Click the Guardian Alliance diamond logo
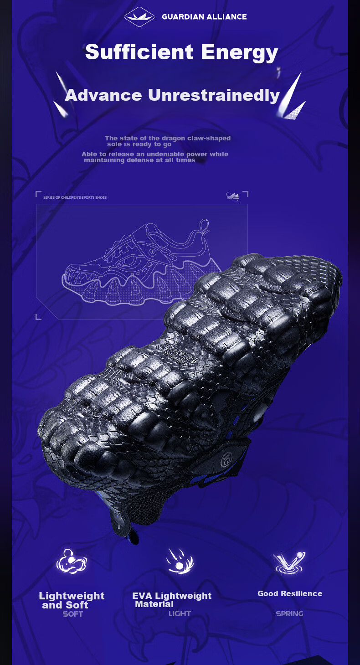coord(139,16)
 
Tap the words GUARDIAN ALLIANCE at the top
coord(204,17)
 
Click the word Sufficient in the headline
coord(139,52)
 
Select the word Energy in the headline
coord(240,53)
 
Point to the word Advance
coord(103,95)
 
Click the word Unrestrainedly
coord(214,95)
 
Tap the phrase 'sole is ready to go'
coord(139,144)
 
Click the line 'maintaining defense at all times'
coord(139,160)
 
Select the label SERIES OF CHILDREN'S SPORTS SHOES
coord(75,197)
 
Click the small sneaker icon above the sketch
coord(232,196)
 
